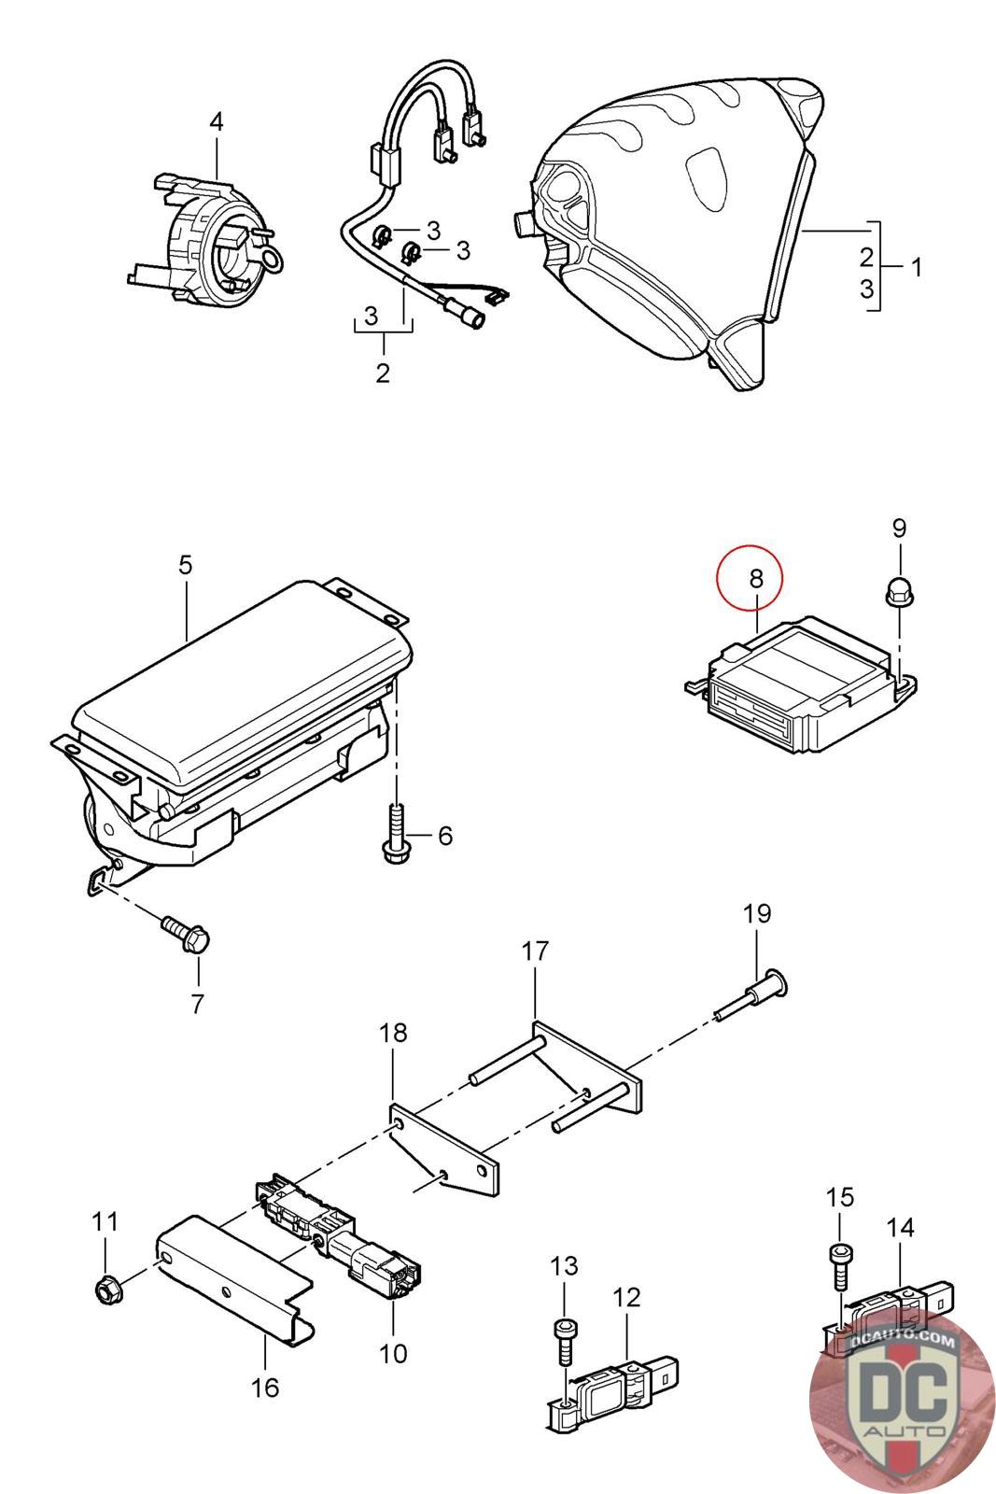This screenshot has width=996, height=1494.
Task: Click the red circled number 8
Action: point(755,579)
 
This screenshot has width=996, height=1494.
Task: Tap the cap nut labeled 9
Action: point(899,592)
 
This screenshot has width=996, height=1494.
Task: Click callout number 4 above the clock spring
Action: point(216,122)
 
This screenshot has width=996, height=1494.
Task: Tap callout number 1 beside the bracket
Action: point(917,268)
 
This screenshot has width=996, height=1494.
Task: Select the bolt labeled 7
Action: point(187,935)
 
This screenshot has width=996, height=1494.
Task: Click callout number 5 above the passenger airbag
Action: point(185,565)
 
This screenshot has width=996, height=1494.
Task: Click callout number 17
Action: point(535,951)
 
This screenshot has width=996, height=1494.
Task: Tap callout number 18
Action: point(394,1033)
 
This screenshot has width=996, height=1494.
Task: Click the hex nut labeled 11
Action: point(106,1291)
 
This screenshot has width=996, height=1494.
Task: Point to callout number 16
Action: point(266,1388)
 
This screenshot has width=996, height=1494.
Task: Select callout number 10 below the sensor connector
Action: point(394,1353)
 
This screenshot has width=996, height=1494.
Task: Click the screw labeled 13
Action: point(565,1337)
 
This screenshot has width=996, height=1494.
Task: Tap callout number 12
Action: point(627,1297)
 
